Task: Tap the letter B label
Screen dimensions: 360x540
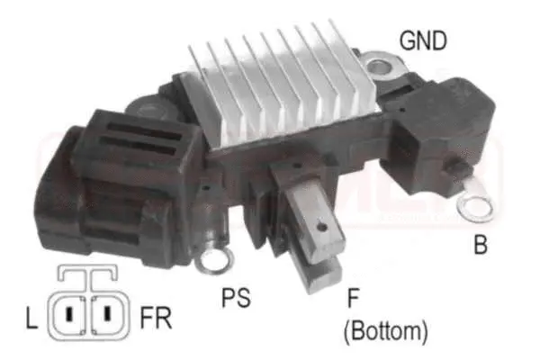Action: coord(482,244)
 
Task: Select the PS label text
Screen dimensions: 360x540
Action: coord(235,296)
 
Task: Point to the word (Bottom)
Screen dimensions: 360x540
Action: coord(384,330)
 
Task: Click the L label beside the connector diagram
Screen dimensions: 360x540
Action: coord(31,318)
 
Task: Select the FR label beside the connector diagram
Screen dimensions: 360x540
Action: coord(155,318)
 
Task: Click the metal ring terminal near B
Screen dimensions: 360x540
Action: coord(474,207)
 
